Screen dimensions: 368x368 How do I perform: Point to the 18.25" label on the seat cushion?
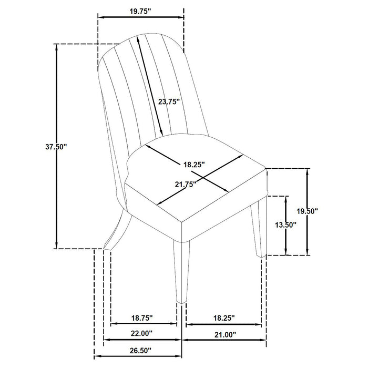pos(193,165)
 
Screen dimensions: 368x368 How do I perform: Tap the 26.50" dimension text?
pos(138,350)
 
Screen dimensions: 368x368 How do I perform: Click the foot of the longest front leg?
pos(181,300)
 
